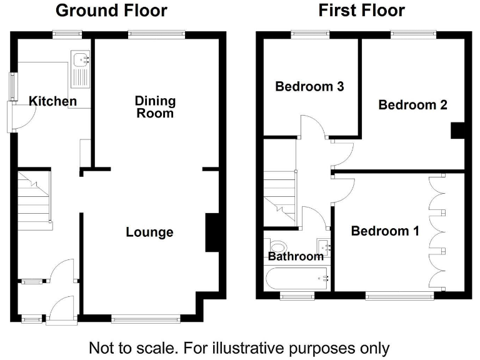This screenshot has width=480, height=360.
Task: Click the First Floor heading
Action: click(361, 11)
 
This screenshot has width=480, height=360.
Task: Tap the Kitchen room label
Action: click(53, 101)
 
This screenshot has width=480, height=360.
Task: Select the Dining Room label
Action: click(156, 107)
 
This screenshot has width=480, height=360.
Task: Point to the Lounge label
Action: click(149, 232)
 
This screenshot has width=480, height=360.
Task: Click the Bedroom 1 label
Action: click(384, 231)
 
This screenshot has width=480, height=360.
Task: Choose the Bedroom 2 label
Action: click(412, 105)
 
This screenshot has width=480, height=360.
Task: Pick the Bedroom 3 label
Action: click(309, 86)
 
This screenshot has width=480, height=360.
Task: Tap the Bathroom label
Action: click(296, 256)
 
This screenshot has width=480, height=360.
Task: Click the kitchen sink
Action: click(82, 69)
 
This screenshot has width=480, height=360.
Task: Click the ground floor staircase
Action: click(34, 200)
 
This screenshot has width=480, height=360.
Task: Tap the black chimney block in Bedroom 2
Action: click(458, 130)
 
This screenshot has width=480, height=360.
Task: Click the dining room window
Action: click(157, 34)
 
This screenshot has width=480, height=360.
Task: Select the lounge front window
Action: click(146, 319)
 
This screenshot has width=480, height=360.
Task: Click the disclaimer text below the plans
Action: click(239, 347)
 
